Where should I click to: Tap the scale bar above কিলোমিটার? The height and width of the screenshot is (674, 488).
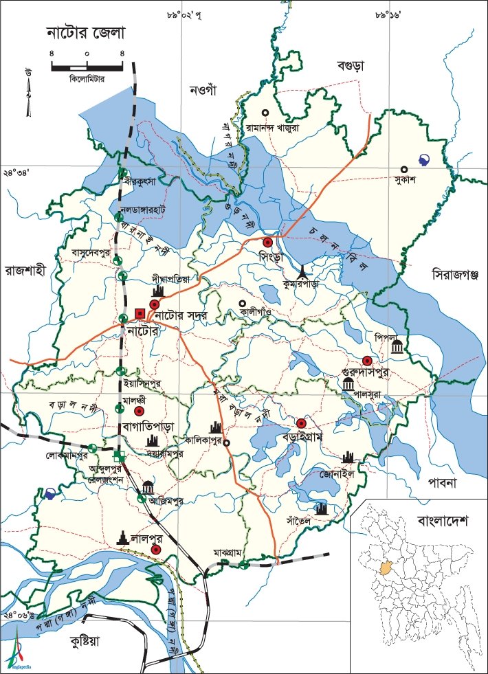87,67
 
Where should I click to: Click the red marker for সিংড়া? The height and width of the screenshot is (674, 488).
268,242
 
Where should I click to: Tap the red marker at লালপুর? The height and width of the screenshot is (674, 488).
156,550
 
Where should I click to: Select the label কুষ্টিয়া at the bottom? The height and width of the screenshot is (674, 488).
80,642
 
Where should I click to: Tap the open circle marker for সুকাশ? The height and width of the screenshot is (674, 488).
405,170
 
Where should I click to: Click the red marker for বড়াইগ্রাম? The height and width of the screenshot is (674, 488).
300,423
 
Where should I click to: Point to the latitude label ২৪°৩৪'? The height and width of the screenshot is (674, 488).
17,173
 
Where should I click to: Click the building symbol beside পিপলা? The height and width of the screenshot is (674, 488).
397,348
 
